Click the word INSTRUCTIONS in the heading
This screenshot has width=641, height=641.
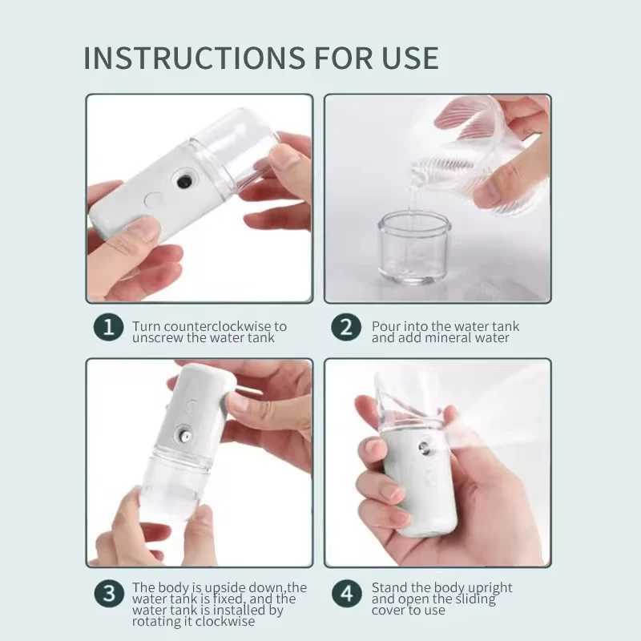pos(188,58)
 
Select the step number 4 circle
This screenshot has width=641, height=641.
pos(347,595)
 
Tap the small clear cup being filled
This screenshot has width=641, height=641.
pos(413,248)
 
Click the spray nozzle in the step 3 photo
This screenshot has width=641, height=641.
pos(184,437)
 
